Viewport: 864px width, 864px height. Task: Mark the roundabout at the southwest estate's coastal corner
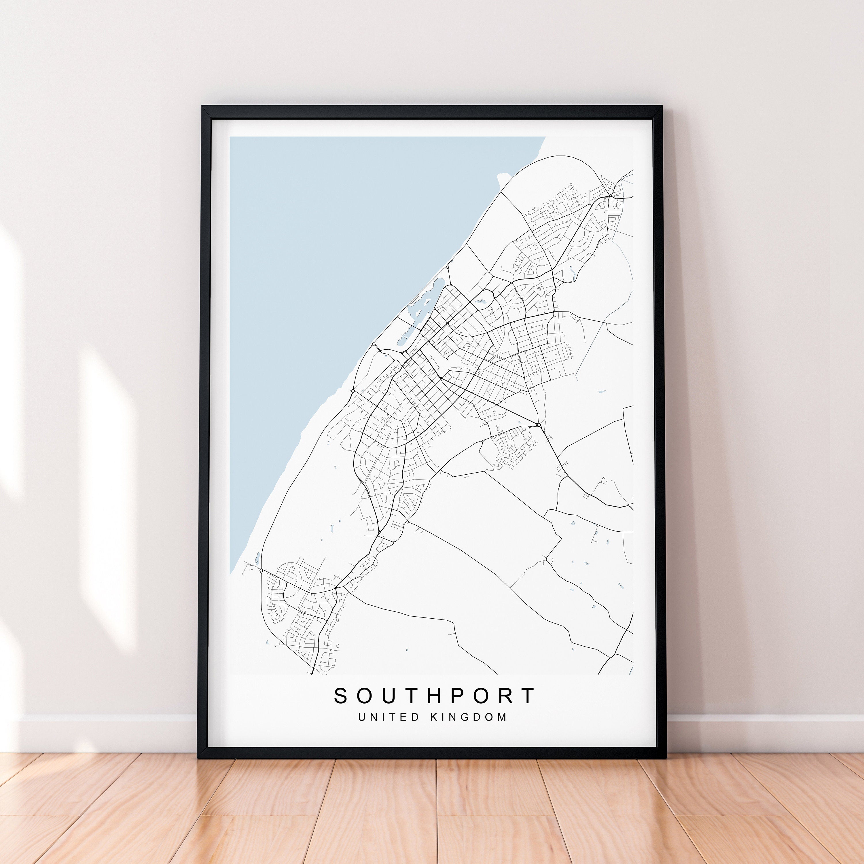click(261, 571)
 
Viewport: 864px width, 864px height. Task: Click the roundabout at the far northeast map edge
click(610, 196)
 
